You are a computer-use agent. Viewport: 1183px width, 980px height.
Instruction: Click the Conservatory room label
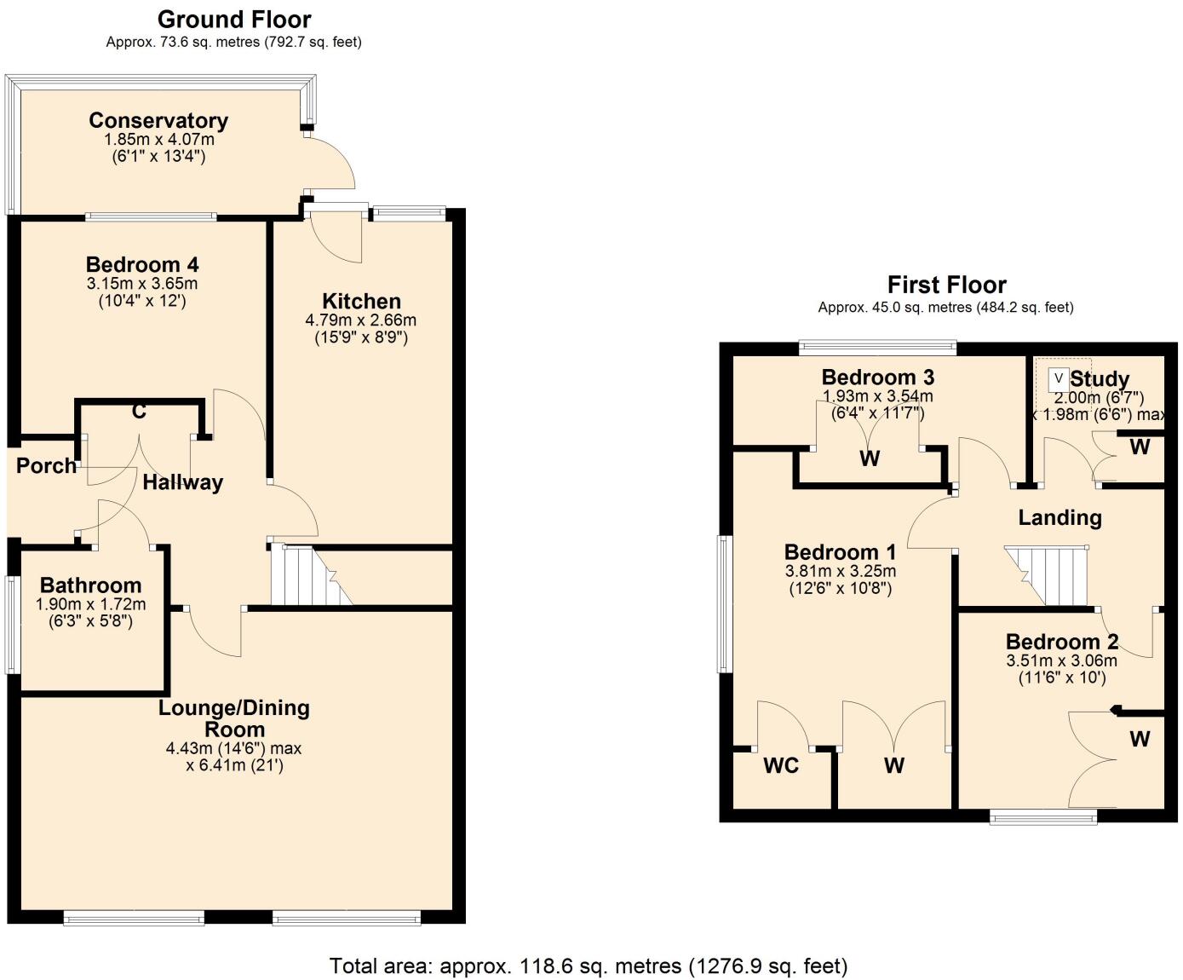click(x=158, y=120)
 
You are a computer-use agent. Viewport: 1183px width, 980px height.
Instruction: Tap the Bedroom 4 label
click(x=142, y=264)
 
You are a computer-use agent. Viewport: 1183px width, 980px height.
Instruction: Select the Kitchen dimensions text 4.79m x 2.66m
click(x=361, y=320)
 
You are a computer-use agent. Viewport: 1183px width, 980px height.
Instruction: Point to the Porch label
click(x=46, y=465)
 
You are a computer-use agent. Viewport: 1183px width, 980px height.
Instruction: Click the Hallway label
click(x=182, y=482)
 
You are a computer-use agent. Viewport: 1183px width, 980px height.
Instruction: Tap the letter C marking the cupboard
click(x=139, y=412)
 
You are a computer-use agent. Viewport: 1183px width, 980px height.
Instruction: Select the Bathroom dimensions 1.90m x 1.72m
click(x=90, y=604)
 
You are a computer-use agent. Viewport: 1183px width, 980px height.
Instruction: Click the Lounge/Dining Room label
click(x=234, y=718)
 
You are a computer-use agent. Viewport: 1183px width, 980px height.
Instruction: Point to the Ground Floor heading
click(x=234, y=19)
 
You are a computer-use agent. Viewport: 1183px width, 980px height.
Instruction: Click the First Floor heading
click(x=946, y=285)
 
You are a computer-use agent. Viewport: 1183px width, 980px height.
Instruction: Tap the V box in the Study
click(x=1059, y=378)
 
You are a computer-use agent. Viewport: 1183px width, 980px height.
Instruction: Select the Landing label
click(x=1060, y=517)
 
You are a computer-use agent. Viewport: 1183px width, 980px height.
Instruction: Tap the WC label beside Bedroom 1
click(x=781, y=765)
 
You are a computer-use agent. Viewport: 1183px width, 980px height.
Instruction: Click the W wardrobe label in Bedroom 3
click(x=869, y=458)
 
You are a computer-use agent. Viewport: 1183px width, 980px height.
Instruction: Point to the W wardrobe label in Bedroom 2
click(x=1140, y=739)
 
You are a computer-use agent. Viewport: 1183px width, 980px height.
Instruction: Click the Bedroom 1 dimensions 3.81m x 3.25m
click(x=840, y=571)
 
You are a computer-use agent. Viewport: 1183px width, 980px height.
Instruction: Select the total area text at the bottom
click(x=589, y=966)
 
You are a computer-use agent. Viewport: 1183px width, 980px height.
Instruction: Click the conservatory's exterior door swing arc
click(x=336, y=162)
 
